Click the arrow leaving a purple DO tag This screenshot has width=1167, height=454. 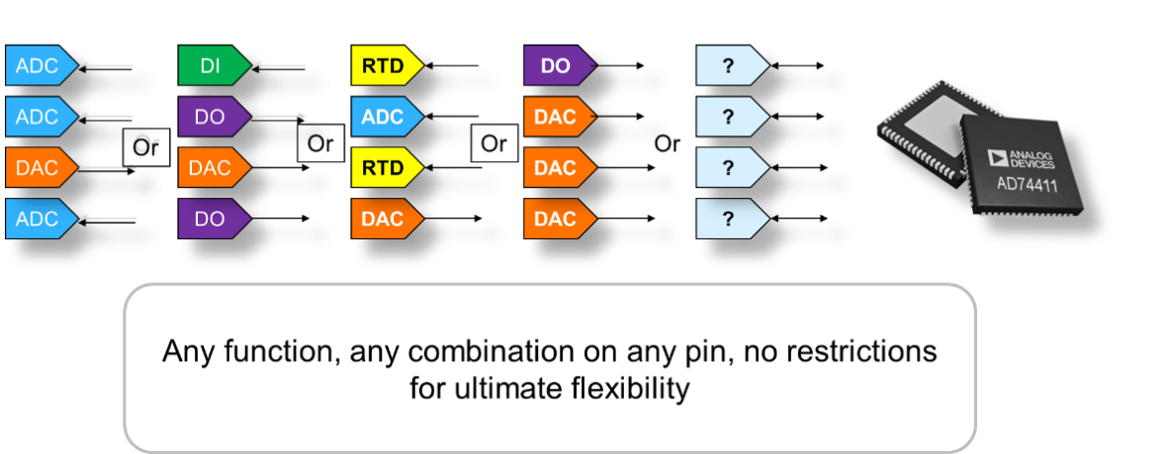(x=279, y=117)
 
